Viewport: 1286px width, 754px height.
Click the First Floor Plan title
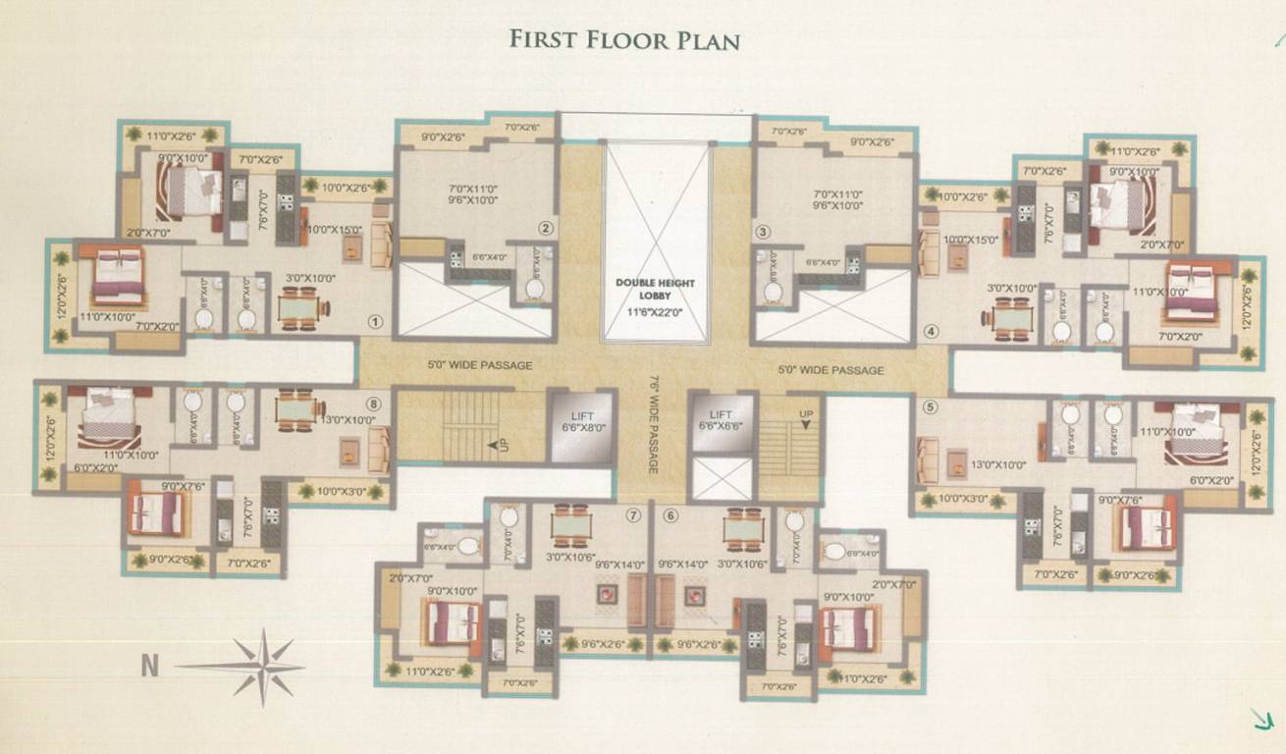click(x=624, y=40)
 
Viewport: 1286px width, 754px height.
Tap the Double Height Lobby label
click(x=655, y=289)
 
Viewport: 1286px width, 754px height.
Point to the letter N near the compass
click(x=149, y=667)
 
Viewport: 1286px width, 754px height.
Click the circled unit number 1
click(x=373, y=321)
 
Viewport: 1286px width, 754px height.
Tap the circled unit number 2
click(x=546, y=230)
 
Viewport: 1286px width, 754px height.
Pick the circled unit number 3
click(x=762, y=232)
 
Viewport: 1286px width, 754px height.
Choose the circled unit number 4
click(x=931, y=331)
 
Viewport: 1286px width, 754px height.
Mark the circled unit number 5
click(x=931, y=404)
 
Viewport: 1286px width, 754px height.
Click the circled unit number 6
click(x=670, y=514)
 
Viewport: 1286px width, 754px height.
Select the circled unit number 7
click(x=634, y=514)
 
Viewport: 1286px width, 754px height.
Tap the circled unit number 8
click(x=373, y=403)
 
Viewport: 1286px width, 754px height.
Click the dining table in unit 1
click(x=297, y=309)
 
